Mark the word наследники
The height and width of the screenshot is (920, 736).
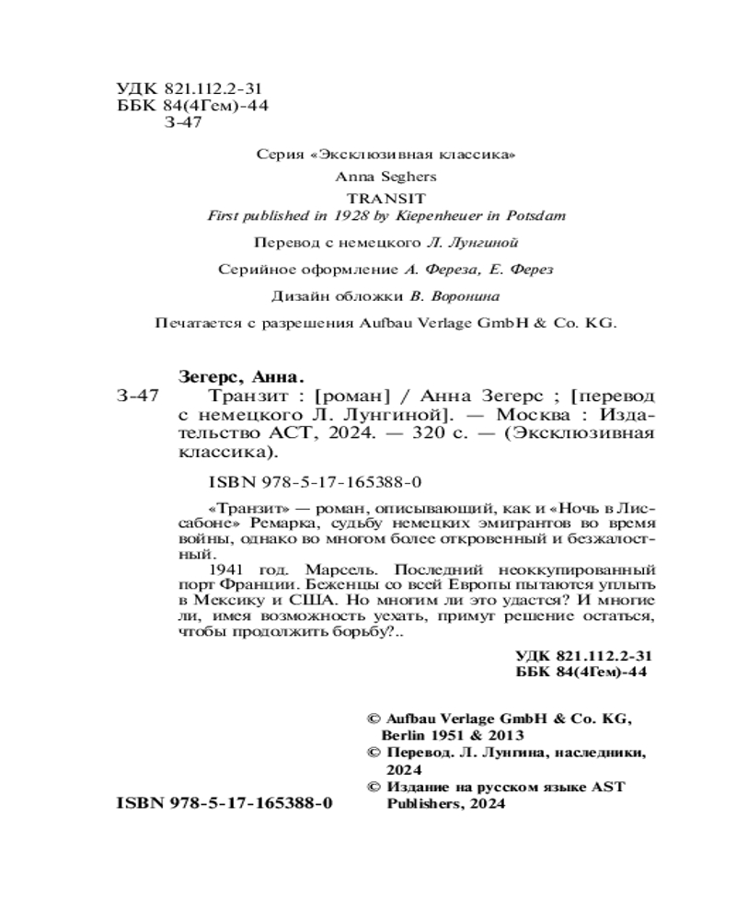pos(591,753)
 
